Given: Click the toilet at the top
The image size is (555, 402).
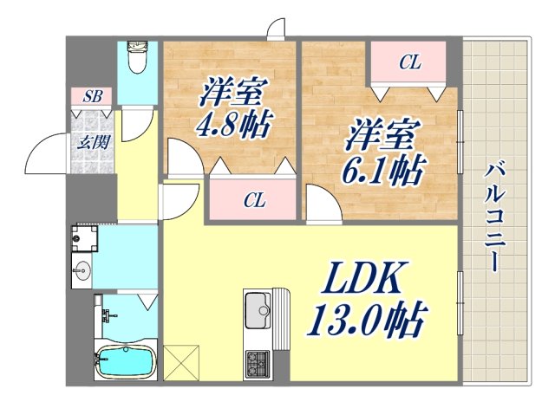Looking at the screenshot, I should tap(137, 59).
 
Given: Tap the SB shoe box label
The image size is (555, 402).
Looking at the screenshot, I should tap(92, 96).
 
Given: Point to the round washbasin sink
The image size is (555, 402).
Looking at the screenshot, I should tap(84, 269).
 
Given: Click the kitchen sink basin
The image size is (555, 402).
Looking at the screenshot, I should tap(258, 308).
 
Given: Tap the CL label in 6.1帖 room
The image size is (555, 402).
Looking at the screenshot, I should tap(409, 62).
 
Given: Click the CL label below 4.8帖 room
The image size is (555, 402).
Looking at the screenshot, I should tap(253, 202).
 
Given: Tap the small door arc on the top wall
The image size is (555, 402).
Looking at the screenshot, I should tap(277, 30).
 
